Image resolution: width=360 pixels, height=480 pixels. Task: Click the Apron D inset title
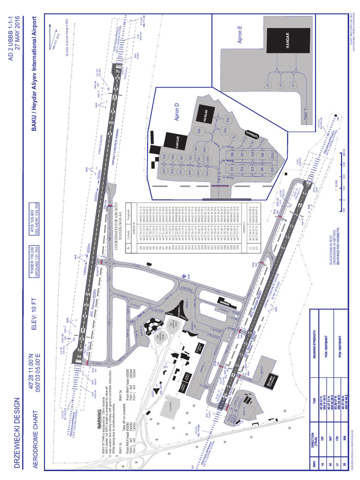(177, 112)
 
